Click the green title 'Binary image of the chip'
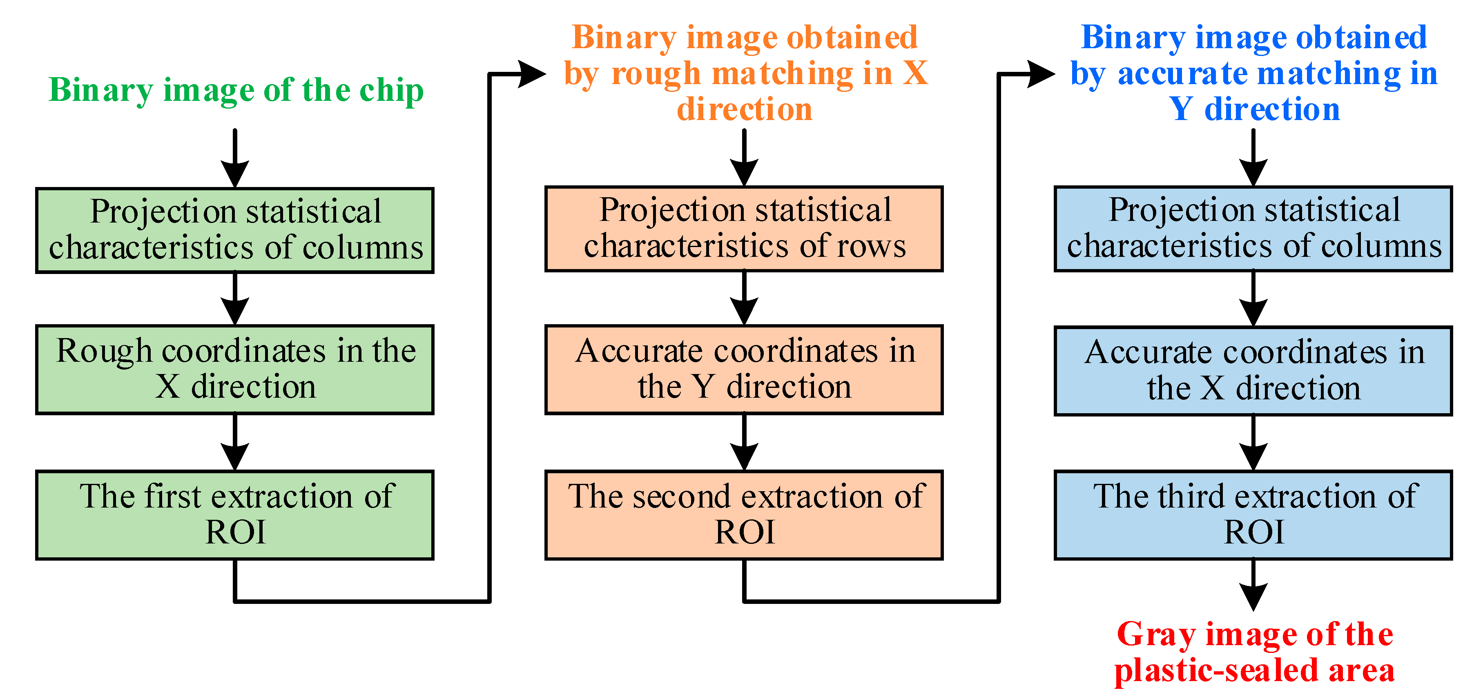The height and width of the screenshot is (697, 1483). tap(236, 90)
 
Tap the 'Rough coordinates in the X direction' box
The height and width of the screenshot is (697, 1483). tap(234, 369)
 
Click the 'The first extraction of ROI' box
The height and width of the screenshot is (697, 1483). tap(234, 514)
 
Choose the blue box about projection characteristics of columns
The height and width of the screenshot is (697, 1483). tap(1253, 229)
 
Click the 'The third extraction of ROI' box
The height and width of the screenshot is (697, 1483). tap(1253, 514)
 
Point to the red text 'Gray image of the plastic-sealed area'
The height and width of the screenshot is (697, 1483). tap(1254, 652)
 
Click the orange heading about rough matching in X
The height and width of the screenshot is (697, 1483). tap(745, 73)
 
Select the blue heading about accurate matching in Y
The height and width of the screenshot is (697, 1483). tap(1254, 73)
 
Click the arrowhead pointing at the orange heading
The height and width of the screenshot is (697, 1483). tap(531, 73)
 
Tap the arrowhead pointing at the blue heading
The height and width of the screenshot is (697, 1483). tap(1040, 73)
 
